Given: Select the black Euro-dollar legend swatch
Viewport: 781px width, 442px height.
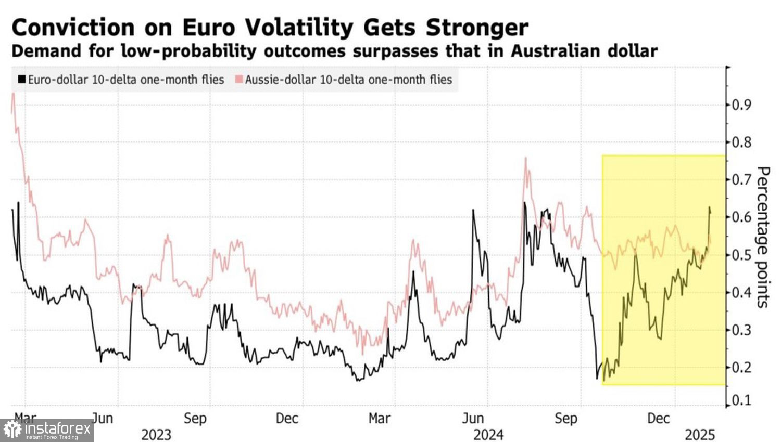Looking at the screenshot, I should [21, 80].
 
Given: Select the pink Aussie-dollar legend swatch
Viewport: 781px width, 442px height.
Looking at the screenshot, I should [239, 80].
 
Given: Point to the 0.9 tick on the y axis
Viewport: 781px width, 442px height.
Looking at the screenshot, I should [741, 105].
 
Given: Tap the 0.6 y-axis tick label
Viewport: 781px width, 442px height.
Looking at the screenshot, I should [741, 217].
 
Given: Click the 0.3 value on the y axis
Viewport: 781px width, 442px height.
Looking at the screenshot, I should [741, 330].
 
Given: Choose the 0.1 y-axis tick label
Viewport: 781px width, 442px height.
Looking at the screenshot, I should [741, 401].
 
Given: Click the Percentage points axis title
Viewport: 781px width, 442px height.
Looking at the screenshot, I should [763, 237].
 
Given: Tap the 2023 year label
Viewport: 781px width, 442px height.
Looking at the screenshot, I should [156, 434].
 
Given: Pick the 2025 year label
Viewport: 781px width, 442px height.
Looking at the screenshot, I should [700, 434].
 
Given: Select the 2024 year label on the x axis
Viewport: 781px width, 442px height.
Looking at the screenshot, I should [488, 434].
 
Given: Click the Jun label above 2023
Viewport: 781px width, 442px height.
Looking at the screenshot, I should [102, 419].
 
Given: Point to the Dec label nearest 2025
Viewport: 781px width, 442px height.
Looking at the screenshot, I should [658, 419].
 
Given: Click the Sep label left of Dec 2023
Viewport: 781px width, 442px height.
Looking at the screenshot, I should [195, 419].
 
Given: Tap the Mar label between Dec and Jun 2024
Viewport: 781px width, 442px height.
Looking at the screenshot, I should [380, 419].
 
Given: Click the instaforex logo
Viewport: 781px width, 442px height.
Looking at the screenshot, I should [47, 431].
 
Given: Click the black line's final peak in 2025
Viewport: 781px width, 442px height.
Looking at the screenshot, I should [709, 207].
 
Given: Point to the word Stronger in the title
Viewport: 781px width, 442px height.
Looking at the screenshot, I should [477, 27].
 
